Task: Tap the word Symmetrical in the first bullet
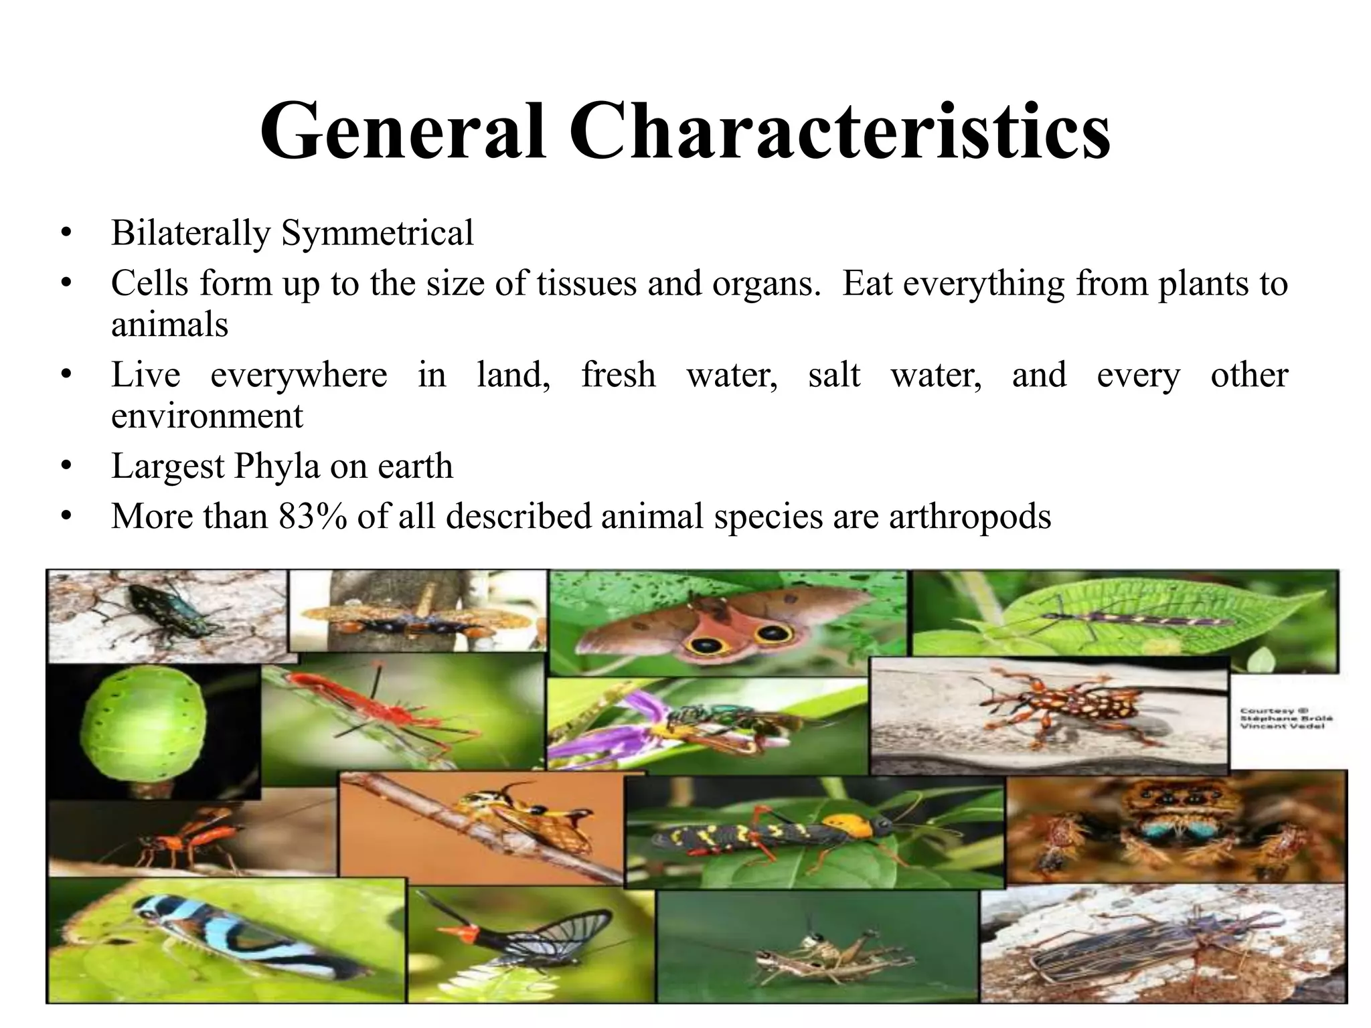(377, 233)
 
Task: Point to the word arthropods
(970, 516)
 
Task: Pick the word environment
(207, 416)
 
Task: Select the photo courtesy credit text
(1285, 718)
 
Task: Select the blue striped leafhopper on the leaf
(221, 937)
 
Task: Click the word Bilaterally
(191, 233)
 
